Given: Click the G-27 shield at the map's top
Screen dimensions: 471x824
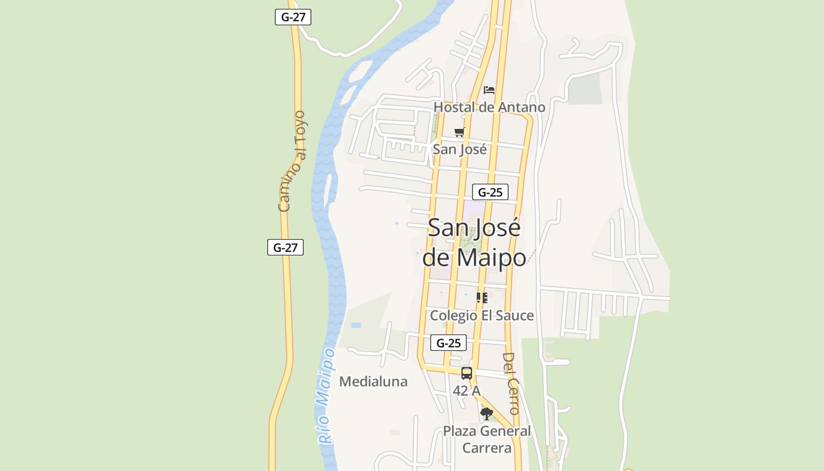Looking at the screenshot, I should click(293, 17).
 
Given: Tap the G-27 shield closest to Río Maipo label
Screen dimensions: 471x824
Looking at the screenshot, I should click(285, 247).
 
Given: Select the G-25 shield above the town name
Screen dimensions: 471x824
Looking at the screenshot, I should click(490, 192).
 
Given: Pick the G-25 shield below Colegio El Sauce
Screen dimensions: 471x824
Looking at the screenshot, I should click(448, 343).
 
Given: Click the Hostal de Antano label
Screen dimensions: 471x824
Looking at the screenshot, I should click(489, 107).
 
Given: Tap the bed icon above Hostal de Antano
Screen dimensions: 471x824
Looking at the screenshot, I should click(489, 90).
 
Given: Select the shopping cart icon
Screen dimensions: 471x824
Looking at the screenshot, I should click(459, 132).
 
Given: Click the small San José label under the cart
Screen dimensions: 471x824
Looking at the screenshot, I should click(460, 150).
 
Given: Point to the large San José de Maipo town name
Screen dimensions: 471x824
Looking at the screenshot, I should click(474, 243).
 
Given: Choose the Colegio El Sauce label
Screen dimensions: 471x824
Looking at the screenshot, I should click(481, 316).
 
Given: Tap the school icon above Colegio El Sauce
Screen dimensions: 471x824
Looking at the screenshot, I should click(481, 298).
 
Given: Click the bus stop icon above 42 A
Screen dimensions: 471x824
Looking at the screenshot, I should click(467, 373).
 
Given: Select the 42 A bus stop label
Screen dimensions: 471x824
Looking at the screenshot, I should click(467, 390).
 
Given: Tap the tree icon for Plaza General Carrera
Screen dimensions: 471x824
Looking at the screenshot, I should click(486, 414).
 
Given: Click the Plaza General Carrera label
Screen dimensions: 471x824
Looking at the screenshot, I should click(487, 439).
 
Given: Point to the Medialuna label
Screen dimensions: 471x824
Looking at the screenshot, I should click(373, 382).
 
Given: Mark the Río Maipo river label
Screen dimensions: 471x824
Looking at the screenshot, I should click(326, 396).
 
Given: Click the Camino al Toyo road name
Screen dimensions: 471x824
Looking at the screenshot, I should click(292, 161).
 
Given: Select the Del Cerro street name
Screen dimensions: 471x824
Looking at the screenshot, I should click(510, 383).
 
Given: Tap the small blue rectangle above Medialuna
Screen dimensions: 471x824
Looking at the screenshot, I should click(356, 325).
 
